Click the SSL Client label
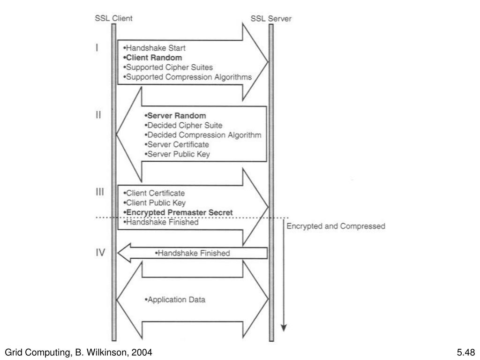(x=113, y=19)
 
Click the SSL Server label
(x=271, y=19)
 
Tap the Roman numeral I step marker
(x=97, y=47)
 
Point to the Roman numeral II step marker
(x=98, y=115)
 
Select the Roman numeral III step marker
(x=100, y=192)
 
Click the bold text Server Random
(x=176, y=116)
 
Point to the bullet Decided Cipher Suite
(x=184, y=125)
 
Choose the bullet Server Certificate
(x=177, y=144)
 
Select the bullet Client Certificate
(x=154, y=193)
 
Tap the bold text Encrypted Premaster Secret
(x=178, y=212)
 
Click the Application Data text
(x=175, y=300)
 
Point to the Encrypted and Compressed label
(x=336, y=226)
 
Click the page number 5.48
(x=465, y=352)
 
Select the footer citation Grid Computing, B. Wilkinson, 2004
(x=78, y=352)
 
